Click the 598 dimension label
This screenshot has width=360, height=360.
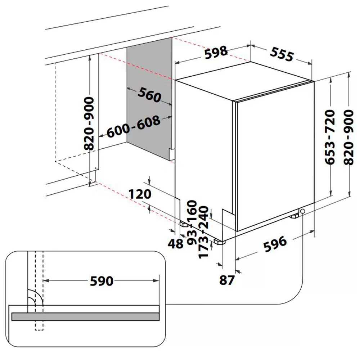[x=216, y=52]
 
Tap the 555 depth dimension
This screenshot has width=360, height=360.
[x=282, y=54]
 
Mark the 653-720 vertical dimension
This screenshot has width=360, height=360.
[x=330, y=137]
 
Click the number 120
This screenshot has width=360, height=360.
[x=140, y=194]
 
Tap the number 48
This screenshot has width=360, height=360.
[x=176, y=244]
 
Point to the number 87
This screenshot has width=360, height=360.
[x=227, y=280]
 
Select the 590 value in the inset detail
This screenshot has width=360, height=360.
[x=102, y=281]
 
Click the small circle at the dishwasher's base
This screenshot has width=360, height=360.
[x=302, y=211]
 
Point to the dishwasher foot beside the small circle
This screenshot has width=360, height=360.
[x=295, y=216]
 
